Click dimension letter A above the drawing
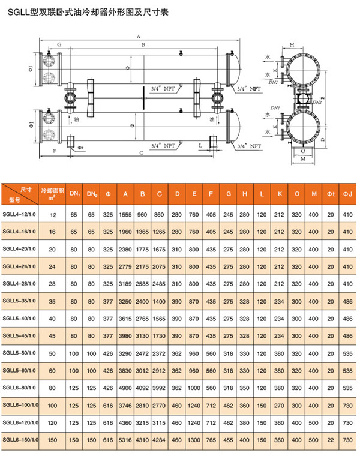tap(139, 36)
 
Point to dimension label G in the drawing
tap(59, 45)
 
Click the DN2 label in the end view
tap(318, 103)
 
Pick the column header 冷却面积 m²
tap(52, 192)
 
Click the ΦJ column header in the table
tap(347, 193)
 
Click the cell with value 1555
tap(125, 214)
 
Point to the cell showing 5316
tap(125, 440)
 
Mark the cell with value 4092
tap(142, 388)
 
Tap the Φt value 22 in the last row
tap(330, 440)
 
